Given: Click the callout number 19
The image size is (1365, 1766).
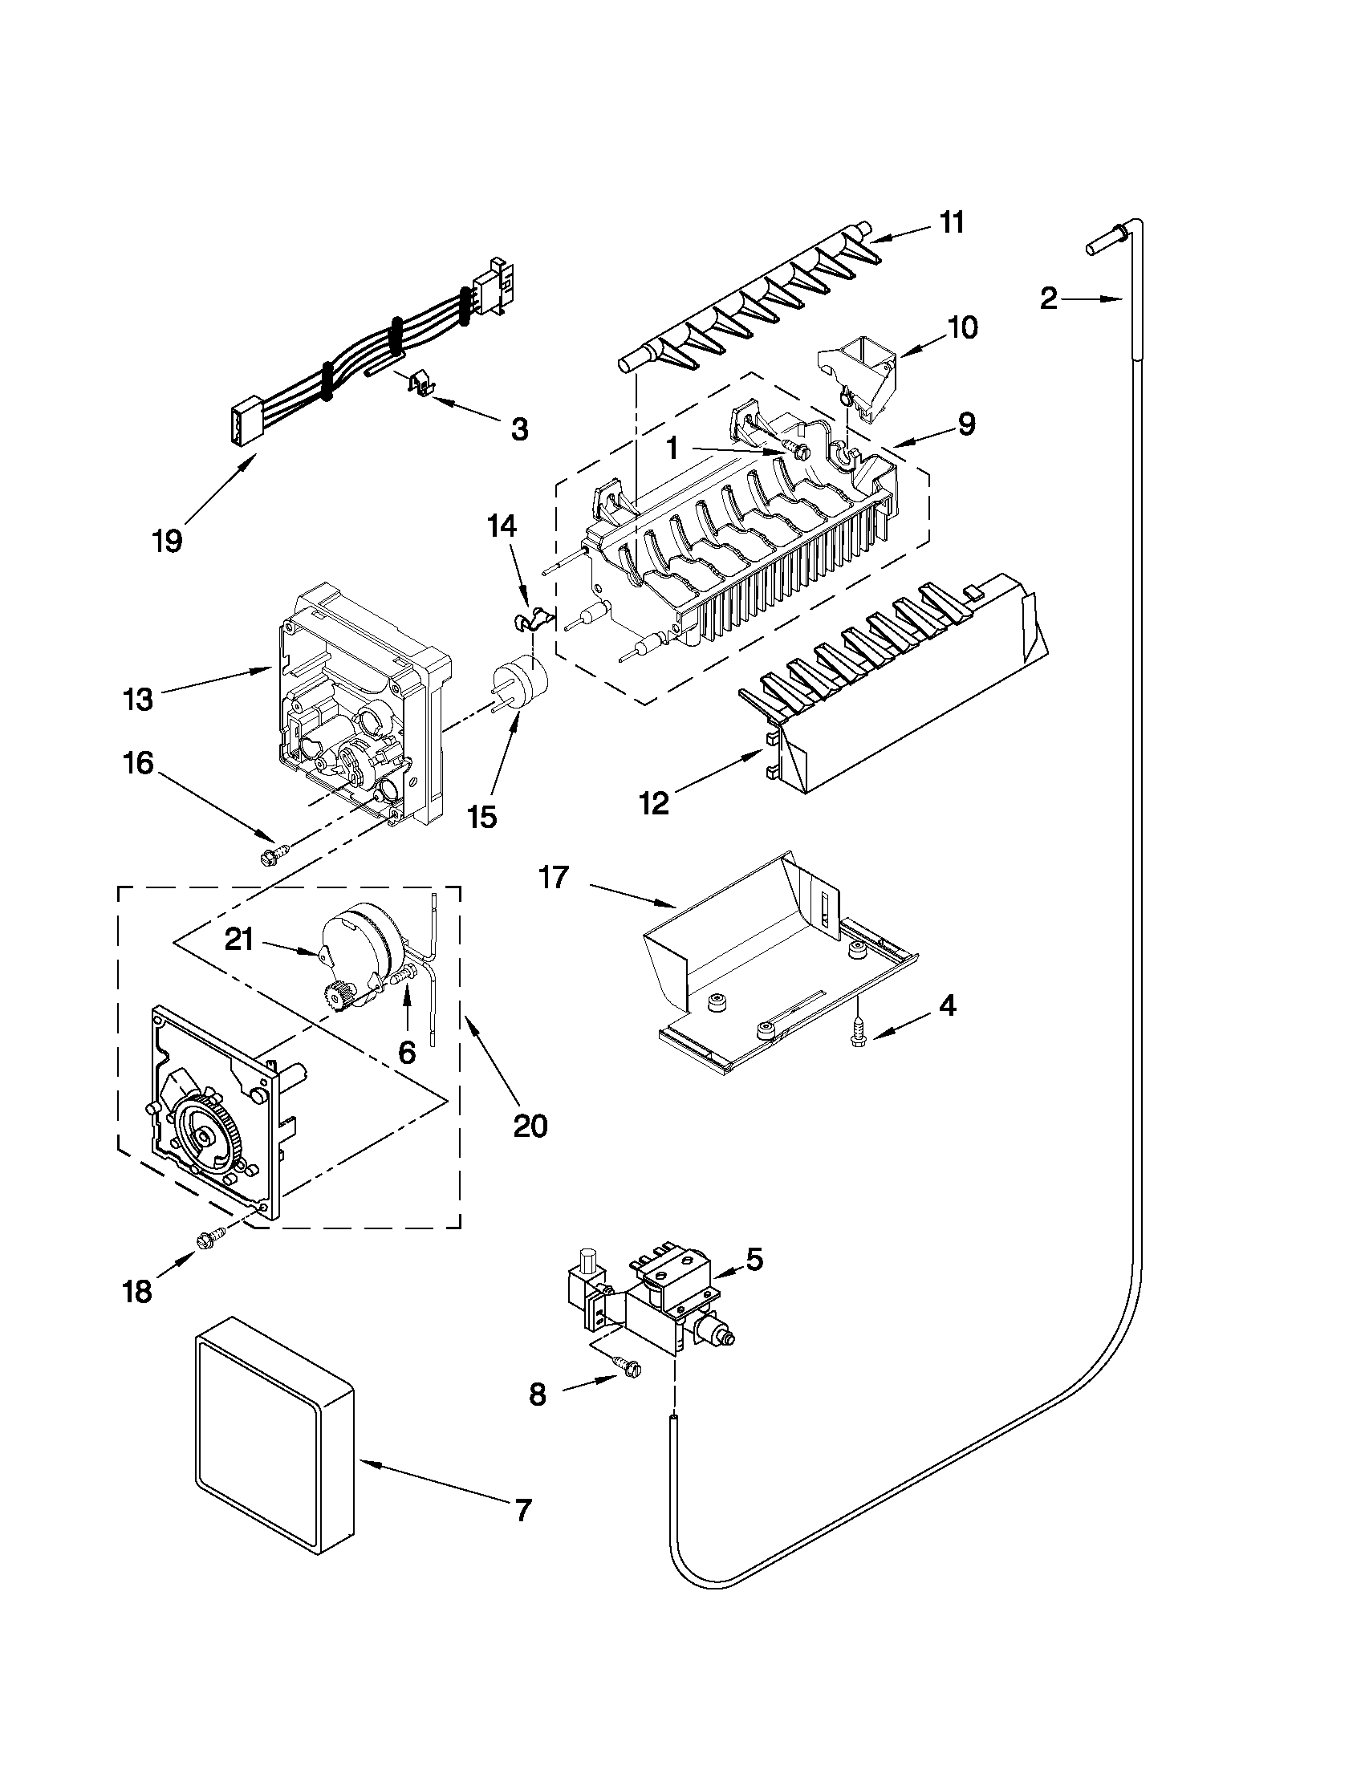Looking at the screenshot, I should [x=168, y=540].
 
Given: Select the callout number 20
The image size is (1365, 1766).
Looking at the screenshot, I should [x=530, y=1125].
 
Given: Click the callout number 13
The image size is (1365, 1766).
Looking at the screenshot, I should [x=138, y=700].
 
